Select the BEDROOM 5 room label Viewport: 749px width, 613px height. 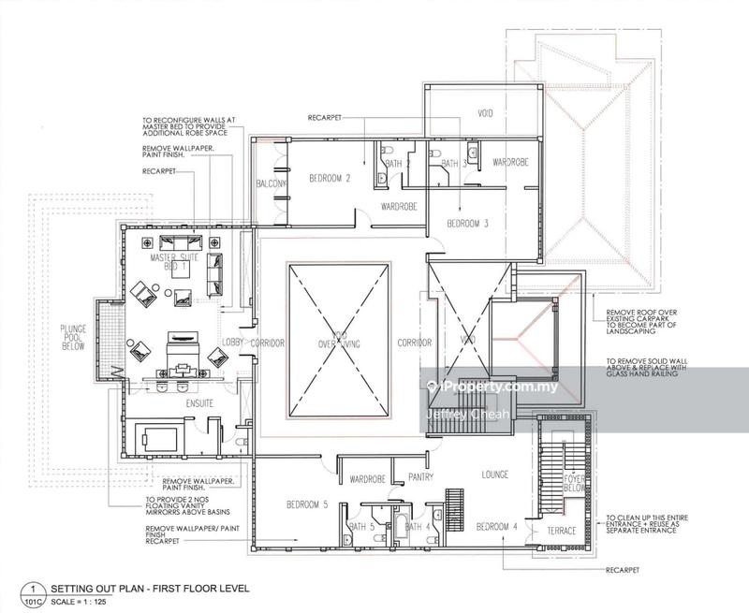point(305,505)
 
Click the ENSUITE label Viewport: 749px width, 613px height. point(174,404)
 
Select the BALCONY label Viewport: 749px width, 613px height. point(271,183)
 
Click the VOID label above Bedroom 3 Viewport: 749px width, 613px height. point(485,114)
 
